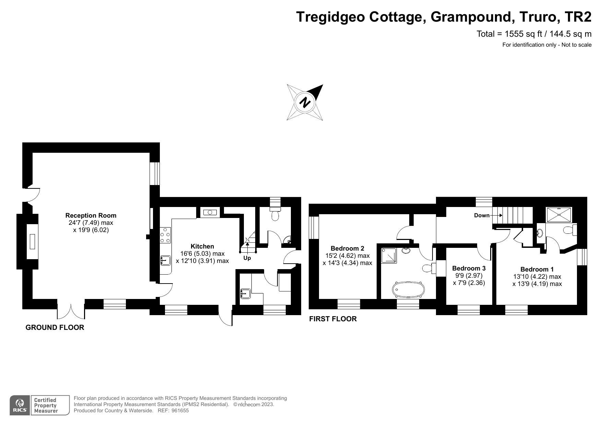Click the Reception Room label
coord(91,216)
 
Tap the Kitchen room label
coord(202,246)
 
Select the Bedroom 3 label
coord(469,268)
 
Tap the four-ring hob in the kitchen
coord(165,235)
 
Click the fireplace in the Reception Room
coord(32,241)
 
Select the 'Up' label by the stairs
coord(247,258)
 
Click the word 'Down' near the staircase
coord(482,216)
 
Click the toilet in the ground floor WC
coord(275,215)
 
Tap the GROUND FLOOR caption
coord(55,327)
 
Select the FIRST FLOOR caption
coord(333,319)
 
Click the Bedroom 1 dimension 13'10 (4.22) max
coord(537,277)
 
